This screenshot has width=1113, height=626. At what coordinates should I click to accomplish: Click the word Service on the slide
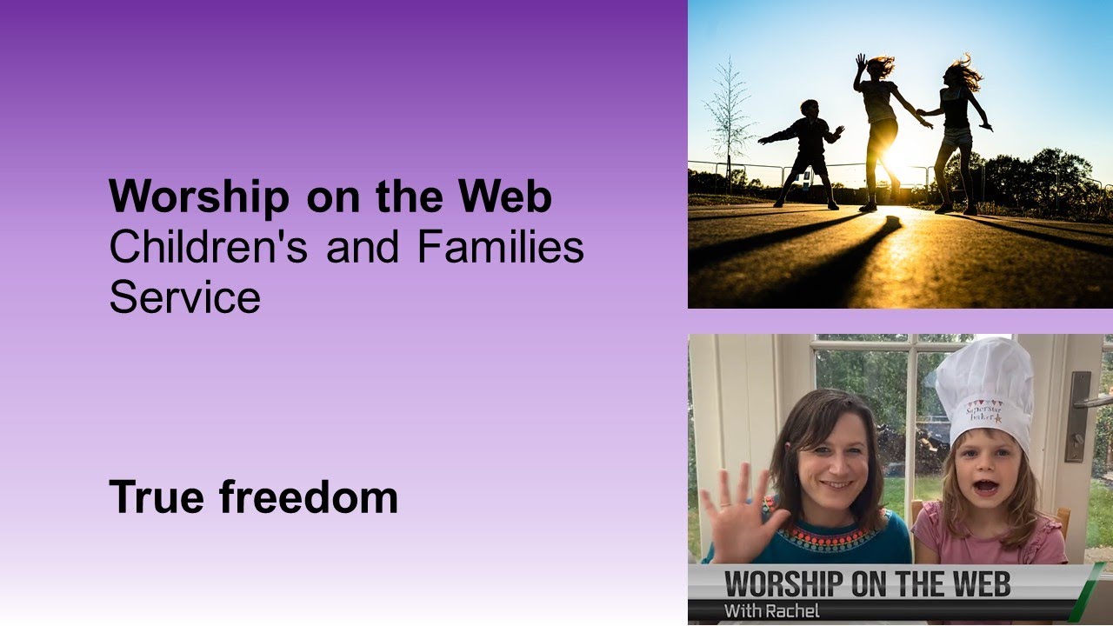click(184, 298)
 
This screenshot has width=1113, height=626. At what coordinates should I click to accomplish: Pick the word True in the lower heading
click(157, 497)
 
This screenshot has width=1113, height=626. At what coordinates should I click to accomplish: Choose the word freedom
click(308, 497)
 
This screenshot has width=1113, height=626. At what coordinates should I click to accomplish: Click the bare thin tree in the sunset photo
click(728, 113)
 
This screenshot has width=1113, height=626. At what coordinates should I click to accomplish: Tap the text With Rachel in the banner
click(771, 610)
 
